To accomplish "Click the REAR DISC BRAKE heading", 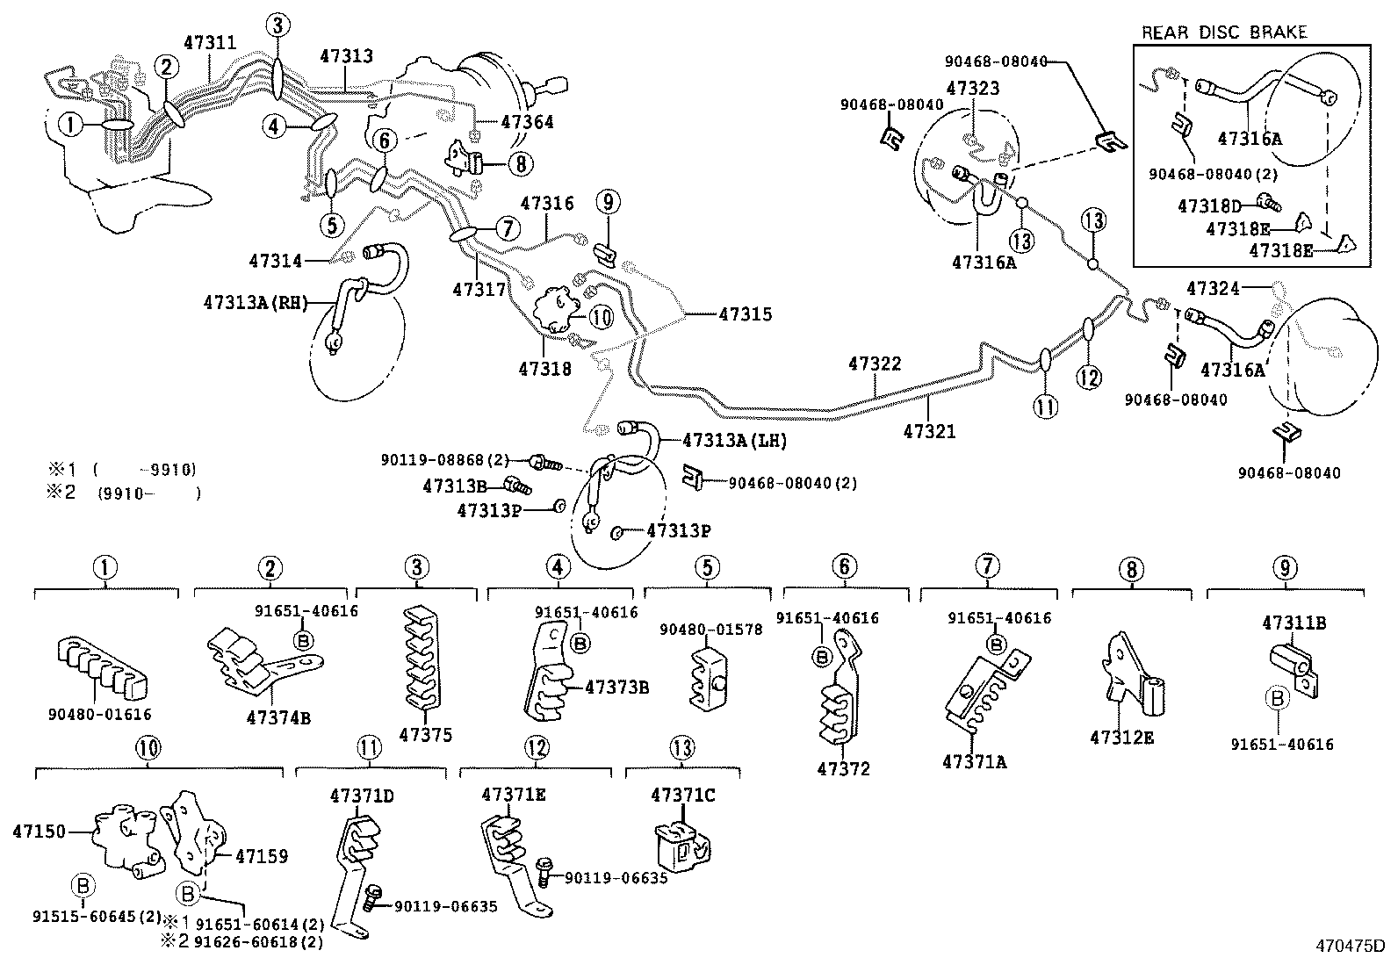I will pyautogui.click(x=1223, y=32).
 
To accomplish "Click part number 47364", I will pyautogui.click(x=527, y=122).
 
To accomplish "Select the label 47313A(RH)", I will pyautogui.click(x=256, y=302).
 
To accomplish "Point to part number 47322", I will pyautogui.click(x=875, y=364).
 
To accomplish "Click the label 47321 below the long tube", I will pyautogui.click(x=929, y=432).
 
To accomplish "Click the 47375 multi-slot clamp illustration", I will pyautogui.click(x=421, y=658).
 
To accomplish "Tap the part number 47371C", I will pyautogui.click(x=682, y=796).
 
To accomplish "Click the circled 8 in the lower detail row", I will pyautogui.click(x=1131, y=570).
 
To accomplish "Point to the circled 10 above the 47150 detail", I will pyautogui.click(x=148, y=748).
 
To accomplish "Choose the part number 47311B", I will pyautogui.click(x=1294, y=623).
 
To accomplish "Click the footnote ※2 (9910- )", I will pyautogui.click(x=123, y=493).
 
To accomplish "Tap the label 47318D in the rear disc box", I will pyautogui.click(x=1209, y=206).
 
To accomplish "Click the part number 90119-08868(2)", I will pyautogui.click(x=444, y=459).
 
